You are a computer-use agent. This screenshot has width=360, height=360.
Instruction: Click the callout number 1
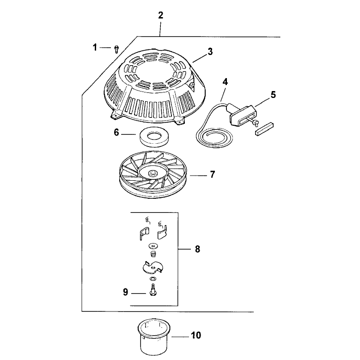95,47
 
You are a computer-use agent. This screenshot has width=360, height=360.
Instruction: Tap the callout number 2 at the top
160,15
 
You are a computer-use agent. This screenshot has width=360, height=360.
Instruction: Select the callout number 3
210,51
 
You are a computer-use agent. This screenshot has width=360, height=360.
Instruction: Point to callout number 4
225,81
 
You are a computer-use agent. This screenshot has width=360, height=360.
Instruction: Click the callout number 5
273,95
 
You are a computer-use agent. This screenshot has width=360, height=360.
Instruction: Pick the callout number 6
116,133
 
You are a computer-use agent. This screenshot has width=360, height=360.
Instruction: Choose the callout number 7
213,174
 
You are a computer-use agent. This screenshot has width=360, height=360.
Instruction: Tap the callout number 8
197,249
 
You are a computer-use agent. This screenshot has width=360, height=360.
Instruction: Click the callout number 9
125,292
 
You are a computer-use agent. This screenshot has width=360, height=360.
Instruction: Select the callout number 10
196,335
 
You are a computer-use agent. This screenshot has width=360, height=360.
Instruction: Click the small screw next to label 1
116,49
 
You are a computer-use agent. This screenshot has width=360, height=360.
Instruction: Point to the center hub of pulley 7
153,173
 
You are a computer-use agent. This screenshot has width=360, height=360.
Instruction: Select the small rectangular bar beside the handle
264,129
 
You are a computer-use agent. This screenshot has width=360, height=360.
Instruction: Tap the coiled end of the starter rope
214,137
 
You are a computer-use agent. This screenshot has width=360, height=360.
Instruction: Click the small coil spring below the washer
153,254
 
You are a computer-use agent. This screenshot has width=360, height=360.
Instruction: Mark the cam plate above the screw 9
152,268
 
